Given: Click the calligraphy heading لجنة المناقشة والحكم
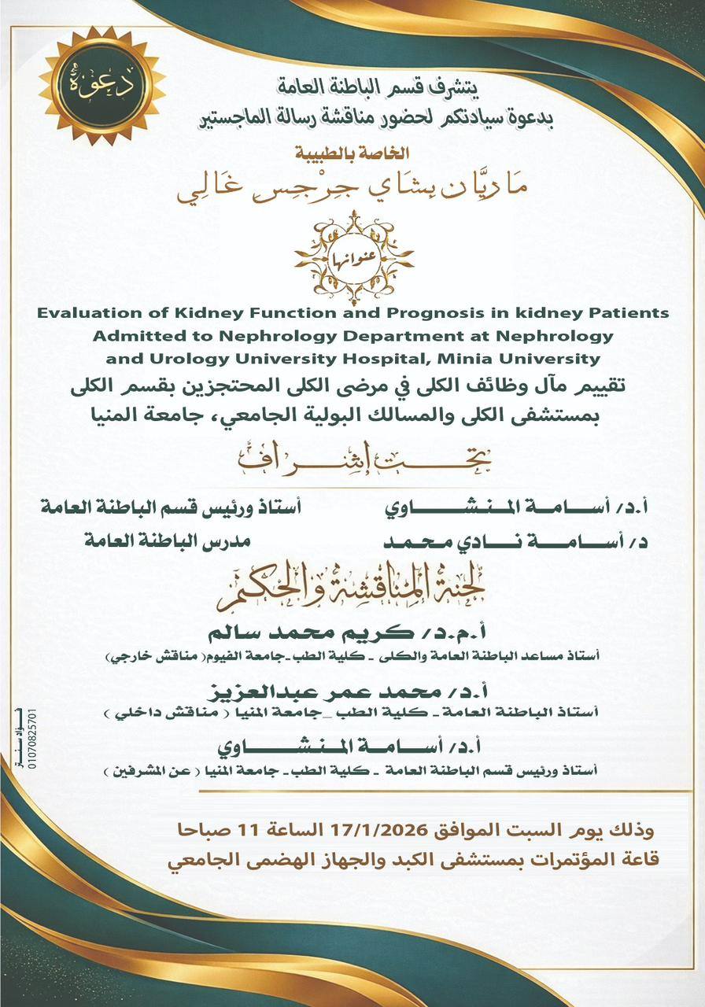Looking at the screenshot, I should pos(352,592).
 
